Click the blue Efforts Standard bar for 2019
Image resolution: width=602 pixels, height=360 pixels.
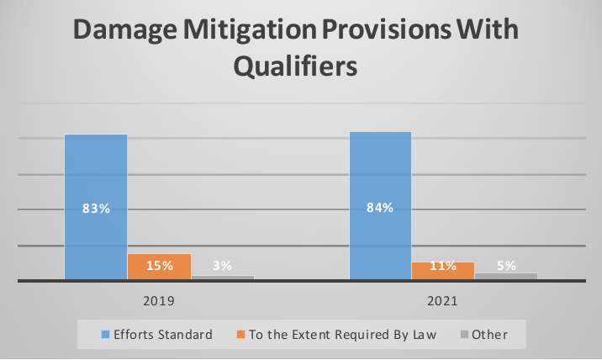(x=96, y=207)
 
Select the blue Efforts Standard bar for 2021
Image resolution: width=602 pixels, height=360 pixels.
(x=380, y=205)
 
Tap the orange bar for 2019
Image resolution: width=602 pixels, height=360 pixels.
(x=160, y=267)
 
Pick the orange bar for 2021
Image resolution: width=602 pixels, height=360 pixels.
(x=443, y=271)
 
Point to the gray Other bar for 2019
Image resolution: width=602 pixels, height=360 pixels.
(x=223, y=278)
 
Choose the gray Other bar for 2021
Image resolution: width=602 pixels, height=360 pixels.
(x=506, y=276)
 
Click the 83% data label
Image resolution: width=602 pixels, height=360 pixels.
(x=96, y=209)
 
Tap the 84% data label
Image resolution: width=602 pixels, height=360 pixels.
(x=380, y=208)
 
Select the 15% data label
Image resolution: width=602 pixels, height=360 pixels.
(x=160, y=266)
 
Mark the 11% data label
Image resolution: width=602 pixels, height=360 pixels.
(x=443, y=266)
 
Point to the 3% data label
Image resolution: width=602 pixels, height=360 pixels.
(x=222, y=266)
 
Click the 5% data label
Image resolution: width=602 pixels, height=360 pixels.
(x=506, y=266)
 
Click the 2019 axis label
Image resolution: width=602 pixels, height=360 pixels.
(x=159, y=301)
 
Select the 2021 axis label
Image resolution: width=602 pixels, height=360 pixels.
(x=442, y=301)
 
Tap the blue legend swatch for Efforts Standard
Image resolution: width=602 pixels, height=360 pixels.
(x=105, y=335)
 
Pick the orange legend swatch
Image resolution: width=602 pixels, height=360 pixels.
(x=240, y=335)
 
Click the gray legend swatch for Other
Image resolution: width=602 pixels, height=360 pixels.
(x=464, y=335)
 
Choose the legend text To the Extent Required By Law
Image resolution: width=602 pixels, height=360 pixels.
(x=342, y=335)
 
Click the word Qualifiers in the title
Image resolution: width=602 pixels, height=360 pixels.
(x=295, y=66)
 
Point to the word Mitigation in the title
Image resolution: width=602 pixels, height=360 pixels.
(x=250, y=30)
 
